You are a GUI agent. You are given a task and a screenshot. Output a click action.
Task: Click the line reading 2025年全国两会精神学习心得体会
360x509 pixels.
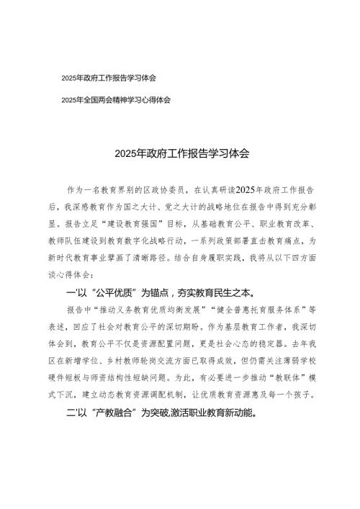[x=116, y=100]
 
